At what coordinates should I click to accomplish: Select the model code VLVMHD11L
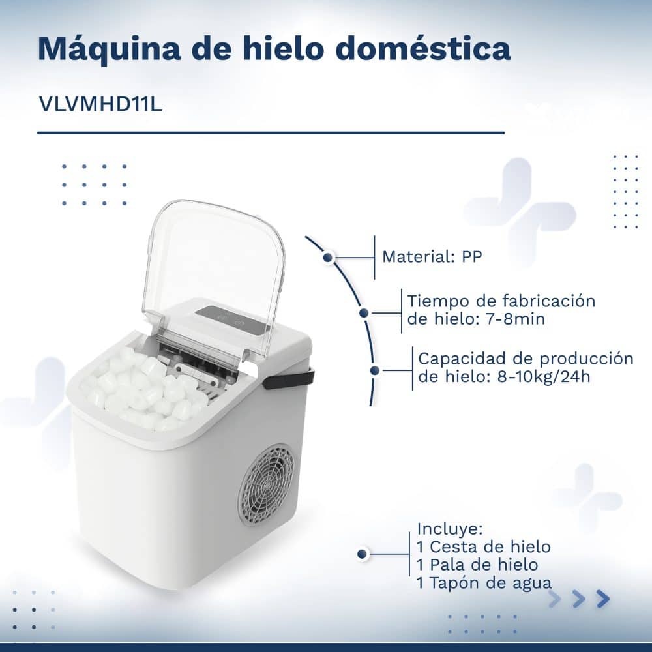[x=100, y=104]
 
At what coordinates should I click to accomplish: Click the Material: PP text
[x=432, y=257]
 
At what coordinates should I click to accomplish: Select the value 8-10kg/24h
[x=544, y=376]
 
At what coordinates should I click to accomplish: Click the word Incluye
[x=449, y=529]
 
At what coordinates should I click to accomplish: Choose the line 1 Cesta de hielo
[x=484, y=546]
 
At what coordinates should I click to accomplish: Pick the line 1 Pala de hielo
[x=477, y=564]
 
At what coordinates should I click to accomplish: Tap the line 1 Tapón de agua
[x=484, y=583]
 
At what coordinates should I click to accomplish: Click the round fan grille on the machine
[x=266, y=485]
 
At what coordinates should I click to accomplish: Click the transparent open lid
[x=213, y=278]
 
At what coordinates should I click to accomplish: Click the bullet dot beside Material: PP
[x=328, y=258]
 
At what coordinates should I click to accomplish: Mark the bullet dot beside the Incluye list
[x=362, y=554]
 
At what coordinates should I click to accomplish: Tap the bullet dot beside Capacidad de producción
[x=375, y=370]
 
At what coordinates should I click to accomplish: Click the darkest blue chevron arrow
[x=602, y=599]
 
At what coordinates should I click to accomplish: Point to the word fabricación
[x=548, y=301]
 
